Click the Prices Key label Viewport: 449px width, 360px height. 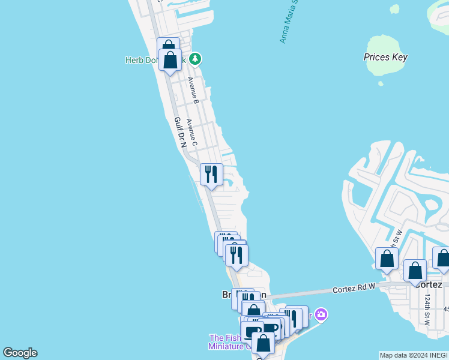click(385, 58)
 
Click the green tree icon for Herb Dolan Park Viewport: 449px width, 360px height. click(194, 59)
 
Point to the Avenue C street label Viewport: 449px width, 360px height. click(191, 132)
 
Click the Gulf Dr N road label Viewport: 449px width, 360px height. click(180, 133)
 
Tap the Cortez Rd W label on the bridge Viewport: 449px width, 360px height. click(354, 289)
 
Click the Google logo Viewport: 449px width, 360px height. click(20, 353)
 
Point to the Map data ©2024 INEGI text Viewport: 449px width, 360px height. click(414, 355)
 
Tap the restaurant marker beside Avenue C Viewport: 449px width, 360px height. click(211, 175)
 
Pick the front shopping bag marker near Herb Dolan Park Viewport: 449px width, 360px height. click(170, 60)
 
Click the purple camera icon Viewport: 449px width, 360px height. click(321, 314)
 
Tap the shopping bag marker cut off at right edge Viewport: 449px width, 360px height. click(442, 258)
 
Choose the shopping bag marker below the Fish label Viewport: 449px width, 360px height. click(262, 344)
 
